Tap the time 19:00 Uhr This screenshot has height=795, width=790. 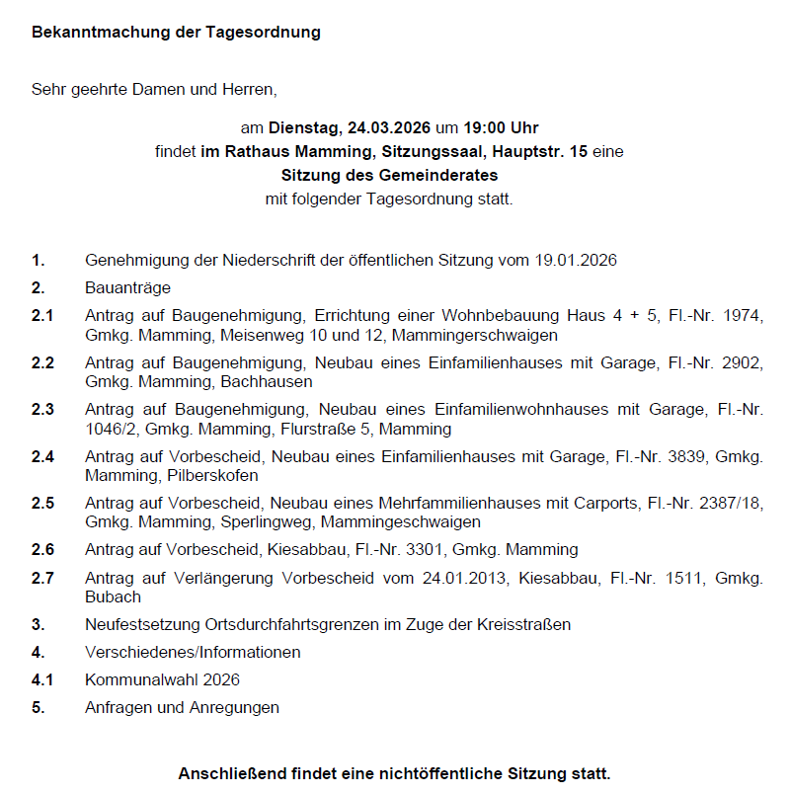pos(501,128)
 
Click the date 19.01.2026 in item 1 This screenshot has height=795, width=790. pos(576,261)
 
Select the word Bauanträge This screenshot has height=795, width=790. pos(128,288)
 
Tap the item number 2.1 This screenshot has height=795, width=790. pos(42,316)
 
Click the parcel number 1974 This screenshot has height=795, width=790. pos(743,316)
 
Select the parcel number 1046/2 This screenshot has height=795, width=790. pos(112,429)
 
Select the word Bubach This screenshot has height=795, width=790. pos(113,596)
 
